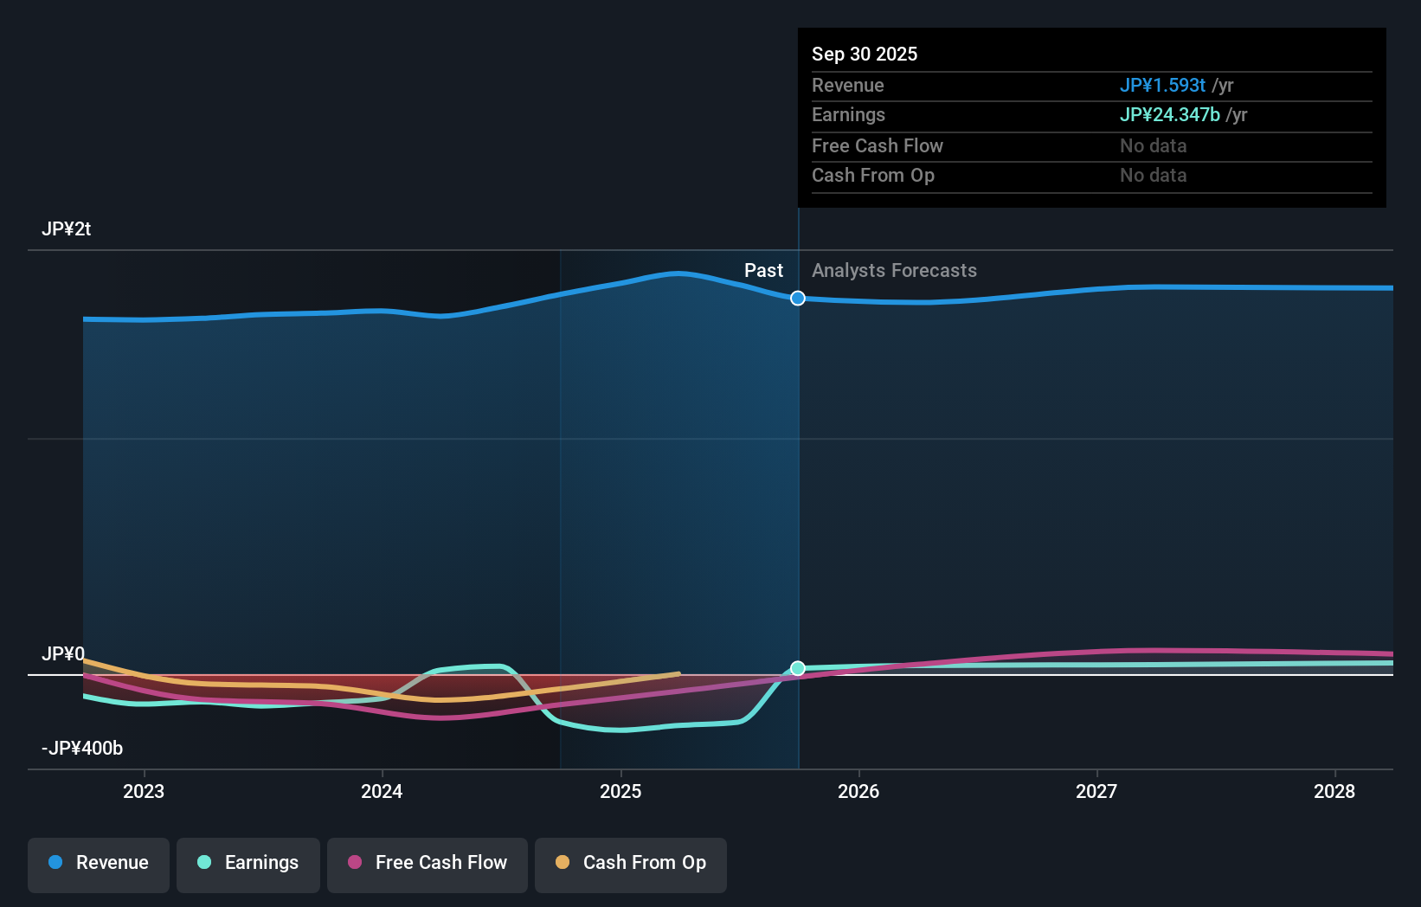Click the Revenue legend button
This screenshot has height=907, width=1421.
click(99, 864)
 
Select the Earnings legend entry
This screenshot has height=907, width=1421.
click(248, 864)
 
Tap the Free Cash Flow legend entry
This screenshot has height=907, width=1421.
click(428, 864)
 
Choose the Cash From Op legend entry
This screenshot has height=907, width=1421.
click(631, 864)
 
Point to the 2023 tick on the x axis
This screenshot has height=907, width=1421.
click(144, 791)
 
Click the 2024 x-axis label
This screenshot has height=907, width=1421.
click(382, 791)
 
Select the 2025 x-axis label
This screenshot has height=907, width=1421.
click(620, 791)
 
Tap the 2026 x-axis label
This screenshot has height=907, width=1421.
click(858, 791)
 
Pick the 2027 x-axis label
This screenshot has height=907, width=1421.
click(1096, 791)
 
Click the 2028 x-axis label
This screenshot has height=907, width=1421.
click(1334, 791)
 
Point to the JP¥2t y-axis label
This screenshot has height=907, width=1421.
click(67, 229)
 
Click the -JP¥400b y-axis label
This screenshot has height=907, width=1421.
click(82, 749)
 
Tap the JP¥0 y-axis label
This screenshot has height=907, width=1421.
click(63, 654)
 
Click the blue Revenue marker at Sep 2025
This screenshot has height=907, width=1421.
click(798, 299)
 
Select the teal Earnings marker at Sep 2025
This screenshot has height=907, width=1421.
click(798, 668)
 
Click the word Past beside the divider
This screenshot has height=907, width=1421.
click(763, 271)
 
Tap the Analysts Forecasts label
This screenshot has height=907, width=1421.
click(894, 271)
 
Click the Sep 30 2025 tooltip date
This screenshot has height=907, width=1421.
click(865, 55)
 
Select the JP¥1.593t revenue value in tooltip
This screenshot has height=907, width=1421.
click(1162, 86)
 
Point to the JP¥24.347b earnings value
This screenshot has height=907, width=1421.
click(1169, 115)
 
